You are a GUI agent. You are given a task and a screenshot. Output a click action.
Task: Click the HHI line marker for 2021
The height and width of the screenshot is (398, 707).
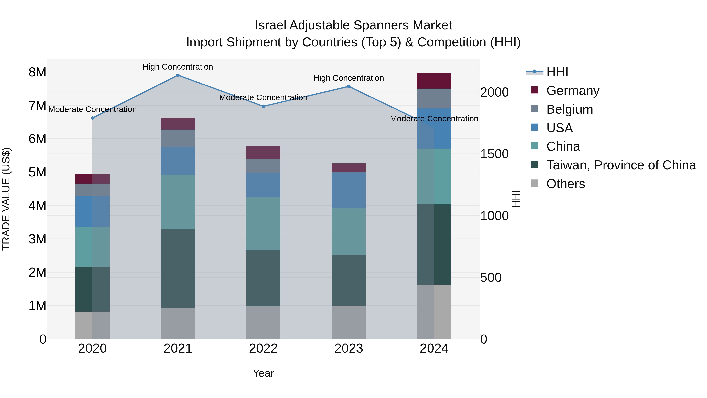(178, 75)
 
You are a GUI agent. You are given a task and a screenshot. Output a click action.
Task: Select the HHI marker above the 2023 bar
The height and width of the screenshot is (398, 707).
(349, 86)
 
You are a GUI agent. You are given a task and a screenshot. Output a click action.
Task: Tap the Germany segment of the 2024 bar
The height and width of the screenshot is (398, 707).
(434, 81)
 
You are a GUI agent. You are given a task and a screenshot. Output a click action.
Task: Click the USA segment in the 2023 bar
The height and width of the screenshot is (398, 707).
(349, 190)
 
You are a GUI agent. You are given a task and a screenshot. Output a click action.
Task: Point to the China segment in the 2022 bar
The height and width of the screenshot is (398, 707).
(263, 224)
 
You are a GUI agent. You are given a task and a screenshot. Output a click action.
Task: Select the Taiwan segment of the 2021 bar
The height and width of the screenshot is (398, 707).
(178, 268)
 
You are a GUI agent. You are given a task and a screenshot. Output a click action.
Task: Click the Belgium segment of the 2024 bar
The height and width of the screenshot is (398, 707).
(434, 99)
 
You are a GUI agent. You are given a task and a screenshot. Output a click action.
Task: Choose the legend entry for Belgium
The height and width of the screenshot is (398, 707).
(569, 109)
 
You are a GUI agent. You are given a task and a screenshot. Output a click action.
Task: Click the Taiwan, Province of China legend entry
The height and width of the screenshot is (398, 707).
(621, 165)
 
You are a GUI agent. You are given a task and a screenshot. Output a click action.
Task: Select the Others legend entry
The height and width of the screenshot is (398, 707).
(565, 184)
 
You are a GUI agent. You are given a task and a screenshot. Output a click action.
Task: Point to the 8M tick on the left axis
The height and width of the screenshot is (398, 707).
(37, 72)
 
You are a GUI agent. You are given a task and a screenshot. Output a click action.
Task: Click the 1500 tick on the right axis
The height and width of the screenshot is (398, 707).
(494, 154)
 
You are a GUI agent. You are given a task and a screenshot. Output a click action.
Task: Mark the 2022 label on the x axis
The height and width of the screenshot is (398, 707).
(263, 348)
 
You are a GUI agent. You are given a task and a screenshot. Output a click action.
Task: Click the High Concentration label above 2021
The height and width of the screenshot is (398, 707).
(178, 67)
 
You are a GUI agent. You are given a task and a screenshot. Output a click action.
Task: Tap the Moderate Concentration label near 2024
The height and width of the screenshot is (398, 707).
(434, 119)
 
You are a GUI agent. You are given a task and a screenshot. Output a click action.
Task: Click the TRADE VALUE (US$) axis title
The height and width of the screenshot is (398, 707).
(6, 199)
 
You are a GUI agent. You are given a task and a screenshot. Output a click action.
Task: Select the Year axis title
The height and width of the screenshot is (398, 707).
(263, 373)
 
